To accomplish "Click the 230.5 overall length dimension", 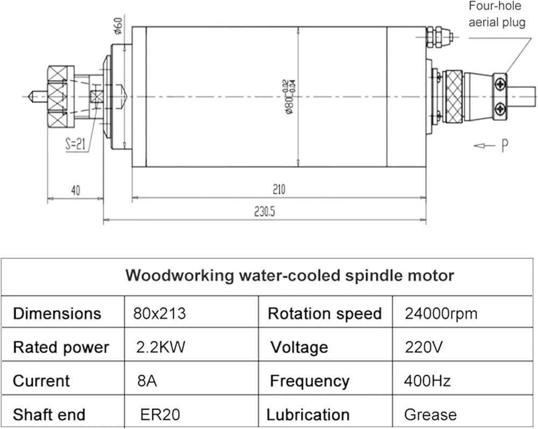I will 264,212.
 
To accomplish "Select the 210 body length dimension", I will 279,189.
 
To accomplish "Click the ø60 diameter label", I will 118,25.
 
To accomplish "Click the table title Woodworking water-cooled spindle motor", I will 289,275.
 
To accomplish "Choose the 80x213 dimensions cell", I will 159,313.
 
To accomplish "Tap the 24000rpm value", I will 441,313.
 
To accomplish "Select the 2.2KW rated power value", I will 161,347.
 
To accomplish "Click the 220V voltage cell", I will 424,347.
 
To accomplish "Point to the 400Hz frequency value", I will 427,381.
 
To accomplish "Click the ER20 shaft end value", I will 160,414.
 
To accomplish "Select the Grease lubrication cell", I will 430,414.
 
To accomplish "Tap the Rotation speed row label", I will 324,313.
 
